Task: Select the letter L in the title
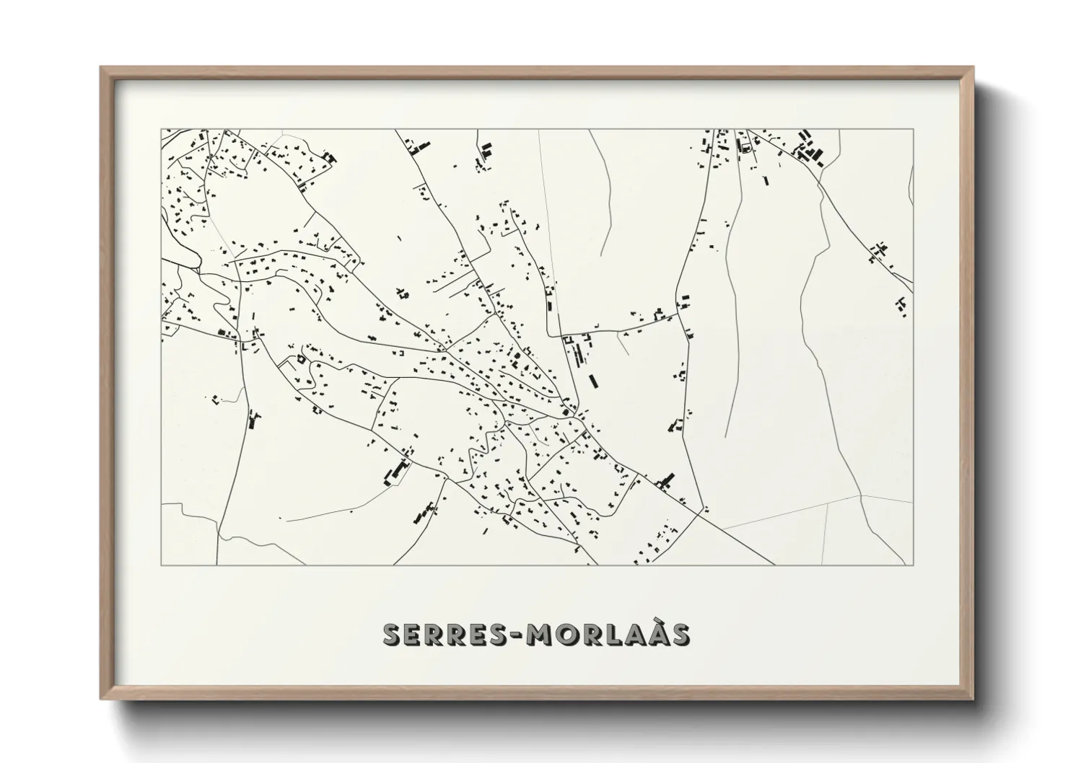tap(615, 634)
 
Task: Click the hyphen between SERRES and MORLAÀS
tap(517, 635)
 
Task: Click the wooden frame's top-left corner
tap(101, 68)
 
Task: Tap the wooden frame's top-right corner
tap(973, 68)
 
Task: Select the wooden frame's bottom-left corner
tap(101, 699)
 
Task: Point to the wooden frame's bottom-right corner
tap(973, 699)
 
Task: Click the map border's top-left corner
tap(161, 130)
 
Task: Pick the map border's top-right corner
tap(913, 130)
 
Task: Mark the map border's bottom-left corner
tap(161, 565)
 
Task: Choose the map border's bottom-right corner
tap(913, 565)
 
